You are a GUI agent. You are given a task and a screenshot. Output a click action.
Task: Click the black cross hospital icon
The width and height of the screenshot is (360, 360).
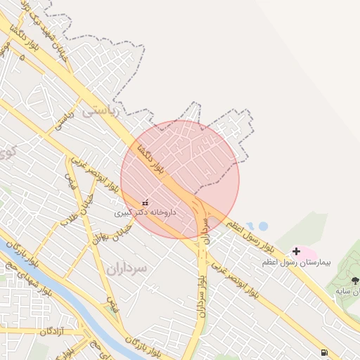click(x=296, y=251)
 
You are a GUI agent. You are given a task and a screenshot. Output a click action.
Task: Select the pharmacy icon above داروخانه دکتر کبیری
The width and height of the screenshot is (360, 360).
click(x=145, y=202)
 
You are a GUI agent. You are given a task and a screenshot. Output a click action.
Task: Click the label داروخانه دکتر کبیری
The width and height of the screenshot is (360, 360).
click(x=146, y=212)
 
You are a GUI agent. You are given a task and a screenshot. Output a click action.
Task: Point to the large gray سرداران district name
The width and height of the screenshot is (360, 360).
click(x=128, y=268)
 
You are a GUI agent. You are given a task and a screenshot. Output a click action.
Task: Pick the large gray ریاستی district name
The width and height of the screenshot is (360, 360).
click(x=101, y=110)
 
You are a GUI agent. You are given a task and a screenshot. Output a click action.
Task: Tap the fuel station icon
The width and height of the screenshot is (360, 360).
click(x=323, y=352)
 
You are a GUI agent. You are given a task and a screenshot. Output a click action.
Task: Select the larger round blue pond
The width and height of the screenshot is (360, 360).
click(x=263, y=226)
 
